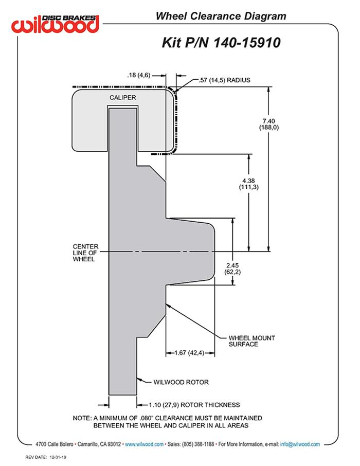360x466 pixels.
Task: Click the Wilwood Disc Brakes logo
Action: tap(56, 24)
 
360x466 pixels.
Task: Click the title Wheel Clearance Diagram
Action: tap(221, 16)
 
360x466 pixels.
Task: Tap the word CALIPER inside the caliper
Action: tap(122, 97)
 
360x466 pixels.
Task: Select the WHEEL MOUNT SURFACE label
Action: tap(251, 341)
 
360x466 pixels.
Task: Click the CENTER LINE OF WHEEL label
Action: tap(85, 253)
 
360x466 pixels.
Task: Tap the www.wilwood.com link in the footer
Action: tap(145, 444)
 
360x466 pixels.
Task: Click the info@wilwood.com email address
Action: tap(300, 444)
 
